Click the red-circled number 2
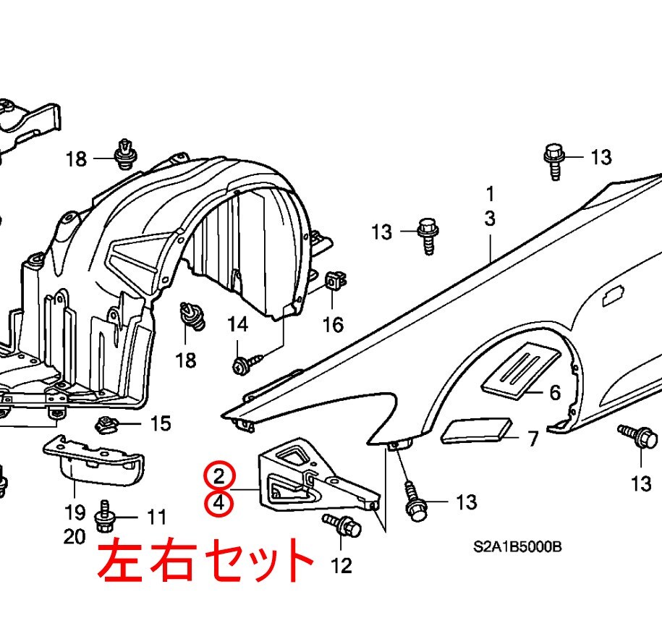point(219,475)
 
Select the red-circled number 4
point(219,503)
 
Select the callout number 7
point(532,439)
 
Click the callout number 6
point(555,393)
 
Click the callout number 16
point(333,325)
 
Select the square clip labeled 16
point(334,280)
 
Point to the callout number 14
point(238,324)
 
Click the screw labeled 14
point(242,366)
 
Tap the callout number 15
point(161,423)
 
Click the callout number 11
point(156,517)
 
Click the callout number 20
point(75,537)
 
